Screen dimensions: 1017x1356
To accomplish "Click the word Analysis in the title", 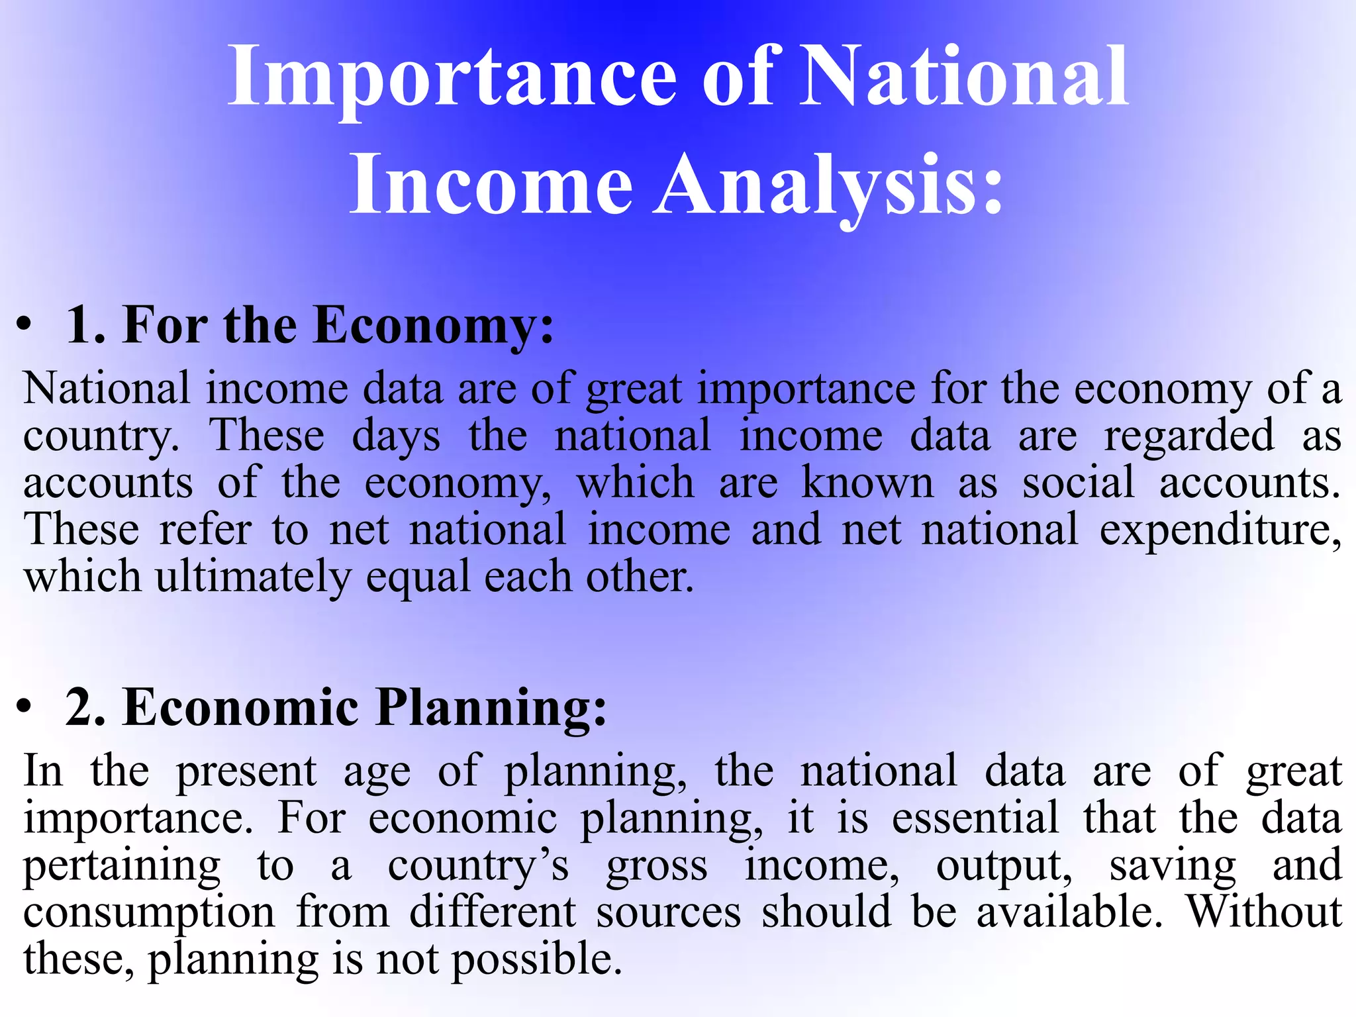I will (828, 184).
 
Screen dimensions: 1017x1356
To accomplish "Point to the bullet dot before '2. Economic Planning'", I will (24, 706).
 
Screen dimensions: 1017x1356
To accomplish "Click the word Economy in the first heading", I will (433, 326).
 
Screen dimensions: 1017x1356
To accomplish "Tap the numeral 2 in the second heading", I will (85, 708).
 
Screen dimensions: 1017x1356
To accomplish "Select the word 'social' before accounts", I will (1078, 483).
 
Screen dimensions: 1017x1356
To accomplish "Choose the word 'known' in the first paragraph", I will (867, 483).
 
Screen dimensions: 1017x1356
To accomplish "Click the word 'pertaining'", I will (122, 867).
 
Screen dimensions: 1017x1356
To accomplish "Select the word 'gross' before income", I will (657, 867).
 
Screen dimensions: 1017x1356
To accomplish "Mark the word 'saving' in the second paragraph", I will (1173, 867).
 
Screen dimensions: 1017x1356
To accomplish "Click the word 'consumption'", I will (149, 913).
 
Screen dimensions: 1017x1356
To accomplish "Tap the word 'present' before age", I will (246, 772).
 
